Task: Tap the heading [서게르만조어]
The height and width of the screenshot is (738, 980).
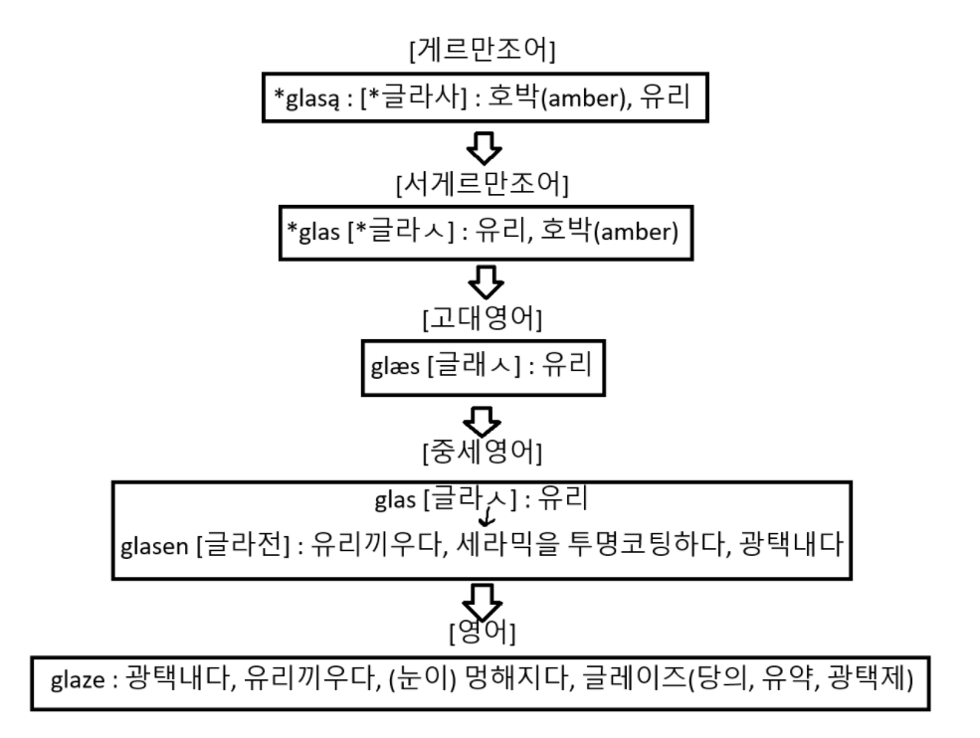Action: [x=482, y=185]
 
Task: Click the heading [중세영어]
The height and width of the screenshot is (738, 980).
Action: [x=482, y=453]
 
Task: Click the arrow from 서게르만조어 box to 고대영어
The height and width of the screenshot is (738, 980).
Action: [x=482, y=285]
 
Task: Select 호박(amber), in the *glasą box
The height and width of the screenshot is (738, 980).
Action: [x=558, y=97]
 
